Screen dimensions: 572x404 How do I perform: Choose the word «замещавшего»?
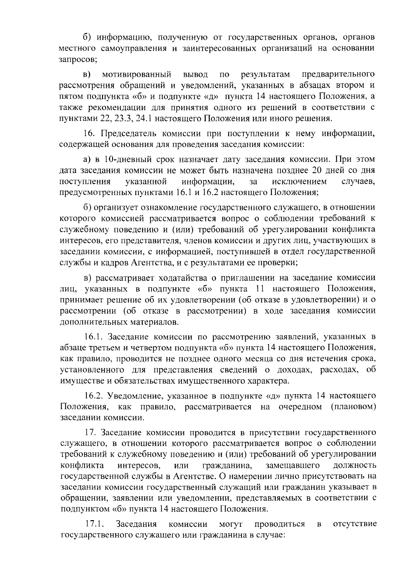pos(292,466)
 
